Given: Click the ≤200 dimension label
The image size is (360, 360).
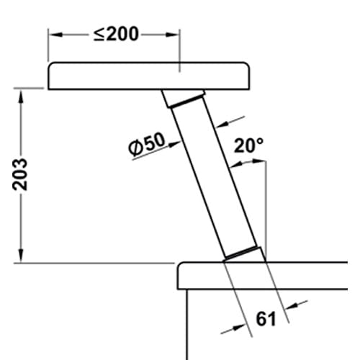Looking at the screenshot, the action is coord(116,34).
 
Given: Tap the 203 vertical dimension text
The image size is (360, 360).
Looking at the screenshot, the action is coord(20,174).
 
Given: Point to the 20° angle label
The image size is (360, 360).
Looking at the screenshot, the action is coord(248,145).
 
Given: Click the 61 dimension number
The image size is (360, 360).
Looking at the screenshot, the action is coord(266,319).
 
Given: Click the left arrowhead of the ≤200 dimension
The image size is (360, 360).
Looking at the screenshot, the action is coord(55,35).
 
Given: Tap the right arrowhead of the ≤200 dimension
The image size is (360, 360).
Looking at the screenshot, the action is coord(172,35).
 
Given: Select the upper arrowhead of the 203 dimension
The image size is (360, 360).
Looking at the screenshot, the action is coord(21,96).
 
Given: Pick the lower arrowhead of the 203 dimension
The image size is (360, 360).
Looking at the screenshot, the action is coord(21,256).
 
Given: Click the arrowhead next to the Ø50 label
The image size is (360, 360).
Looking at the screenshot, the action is coord(174,144).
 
